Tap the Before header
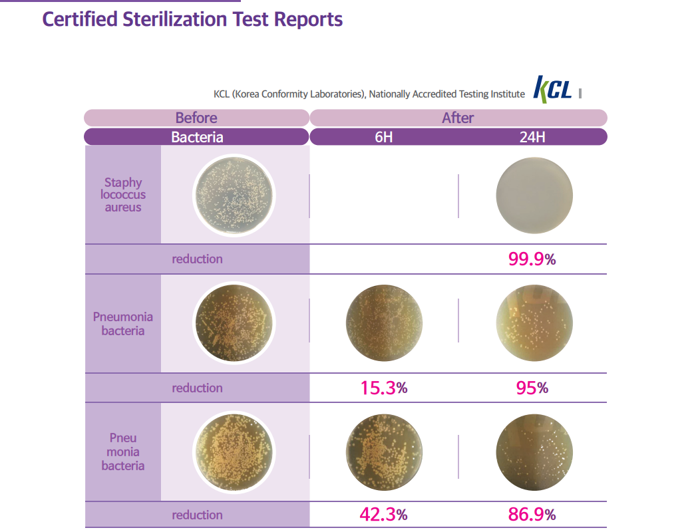[x=196, y=118]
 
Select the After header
[x=458, y=118]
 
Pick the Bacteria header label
[x=197, y=137]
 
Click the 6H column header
[x=383, y=137]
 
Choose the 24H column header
[x=532, y=137]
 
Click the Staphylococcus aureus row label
[x=123, y=194]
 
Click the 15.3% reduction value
[x=383, y=388]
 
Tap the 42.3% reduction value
[x=383, y=515]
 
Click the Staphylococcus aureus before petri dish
[x=234, y=195]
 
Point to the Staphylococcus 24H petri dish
[x=534, y=195]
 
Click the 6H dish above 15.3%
[x=384, y=324]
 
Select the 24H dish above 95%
[x=534, y=324]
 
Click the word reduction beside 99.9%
[x=197, y=259]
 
